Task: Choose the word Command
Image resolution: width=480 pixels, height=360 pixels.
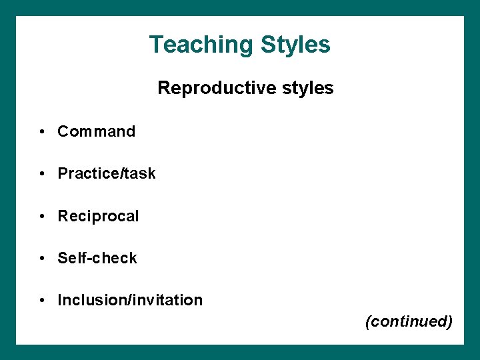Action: pos(96,131)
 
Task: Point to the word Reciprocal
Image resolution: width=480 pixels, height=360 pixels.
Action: pos(98,216)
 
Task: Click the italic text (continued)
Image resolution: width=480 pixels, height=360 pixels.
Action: pos(409,321)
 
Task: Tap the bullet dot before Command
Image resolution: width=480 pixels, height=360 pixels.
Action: pos(42,132)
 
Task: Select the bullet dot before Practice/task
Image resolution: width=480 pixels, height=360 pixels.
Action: pos(42,174)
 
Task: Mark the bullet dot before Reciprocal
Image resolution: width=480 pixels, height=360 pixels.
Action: pos(42,217)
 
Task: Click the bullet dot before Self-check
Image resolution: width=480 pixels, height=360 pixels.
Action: pos(42,259)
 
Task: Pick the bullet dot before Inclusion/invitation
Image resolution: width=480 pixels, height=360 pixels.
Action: pos(42,301)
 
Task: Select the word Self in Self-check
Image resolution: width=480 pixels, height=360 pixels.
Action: pos(69,258)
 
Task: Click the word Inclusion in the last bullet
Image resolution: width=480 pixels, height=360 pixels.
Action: pos(87,300)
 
